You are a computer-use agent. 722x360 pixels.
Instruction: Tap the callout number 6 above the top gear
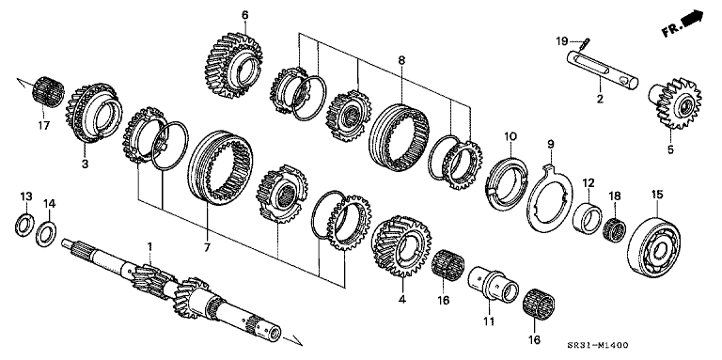click(x=245, y=15)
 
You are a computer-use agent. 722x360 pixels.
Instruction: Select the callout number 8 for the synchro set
click(x=401, y=60)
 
